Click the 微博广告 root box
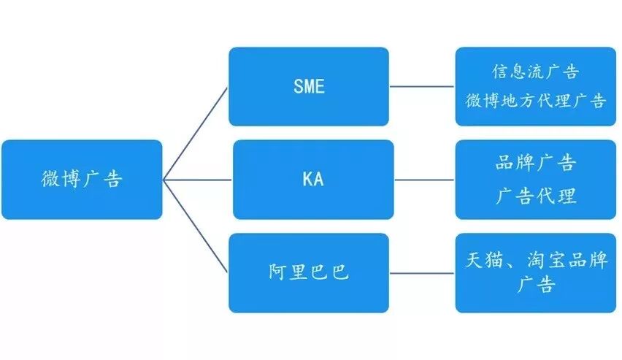[82, 180]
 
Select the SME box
[308, 86]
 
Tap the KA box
[312, 180]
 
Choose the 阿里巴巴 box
[308, 273]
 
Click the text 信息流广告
[536, 72]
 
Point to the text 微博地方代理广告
[536, 101]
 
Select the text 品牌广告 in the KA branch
[536, 164]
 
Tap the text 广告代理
[536, 195]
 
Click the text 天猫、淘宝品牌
[536, 259]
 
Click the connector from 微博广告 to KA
[197, 180]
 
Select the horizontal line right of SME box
[422, 86]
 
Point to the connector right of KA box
[424, 180]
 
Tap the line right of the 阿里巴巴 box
[422, 273]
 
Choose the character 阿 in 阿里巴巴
[277, 273]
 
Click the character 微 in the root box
[51, 180]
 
